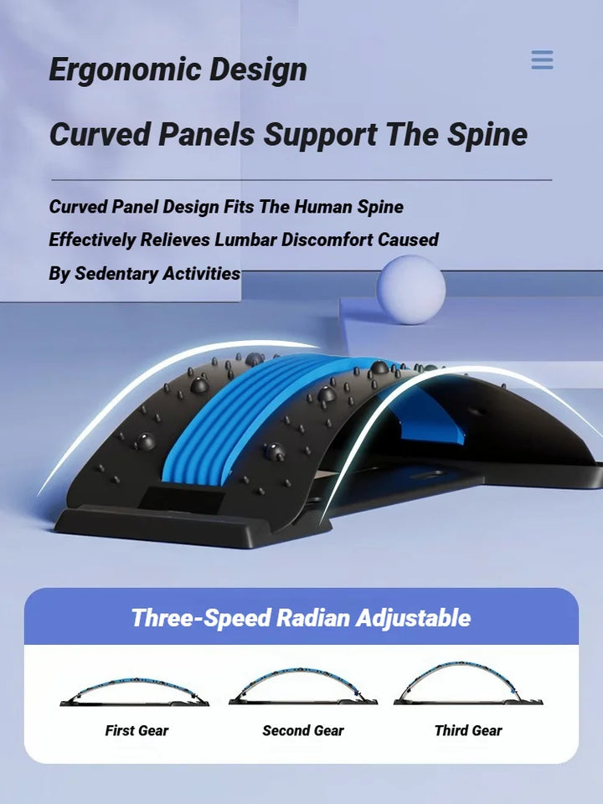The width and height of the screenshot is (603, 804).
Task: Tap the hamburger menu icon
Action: click(x=542, y=60)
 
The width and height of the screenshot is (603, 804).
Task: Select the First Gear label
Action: click(x=137, y=730)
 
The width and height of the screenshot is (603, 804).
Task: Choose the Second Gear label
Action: click(x=302, y=730)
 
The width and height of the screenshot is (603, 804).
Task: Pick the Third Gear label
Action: click(x=467, y=730)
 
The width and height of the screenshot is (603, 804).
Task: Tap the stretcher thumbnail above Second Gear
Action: click(x=302, y=686)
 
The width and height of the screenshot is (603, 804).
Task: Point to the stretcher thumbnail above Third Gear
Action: click(x=467, y=683)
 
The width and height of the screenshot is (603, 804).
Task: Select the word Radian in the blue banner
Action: click(x=312, y=619)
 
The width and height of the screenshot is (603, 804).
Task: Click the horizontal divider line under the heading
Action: click(x=301, y=179)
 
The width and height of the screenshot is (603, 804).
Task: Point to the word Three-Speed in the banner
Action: click(x=200, y=619)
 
